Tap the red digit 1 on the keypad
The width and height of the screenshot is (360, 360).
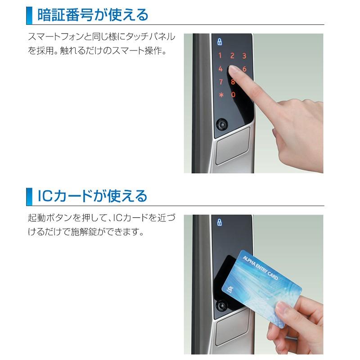pos(220,56)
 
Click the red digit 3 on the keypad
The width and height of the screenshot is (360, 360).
pos(244,56)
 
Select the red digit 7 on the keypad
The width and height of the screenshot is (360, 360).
pos(220,82)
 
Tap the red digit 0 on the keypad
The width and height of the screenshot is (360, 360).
pos(233,95)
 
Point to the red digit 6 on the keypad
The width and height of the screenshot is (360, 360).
pos(244,69)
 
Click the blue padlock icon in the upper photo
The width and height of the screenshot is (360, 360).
pos(220,41)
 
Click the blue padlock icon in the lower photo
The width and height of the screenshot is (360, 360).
pos(220,222)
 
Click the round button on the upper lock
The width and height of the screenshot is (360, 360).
pos(222,124)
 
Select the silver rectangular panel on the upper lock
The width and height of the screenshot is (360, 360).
pos(233,146)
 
